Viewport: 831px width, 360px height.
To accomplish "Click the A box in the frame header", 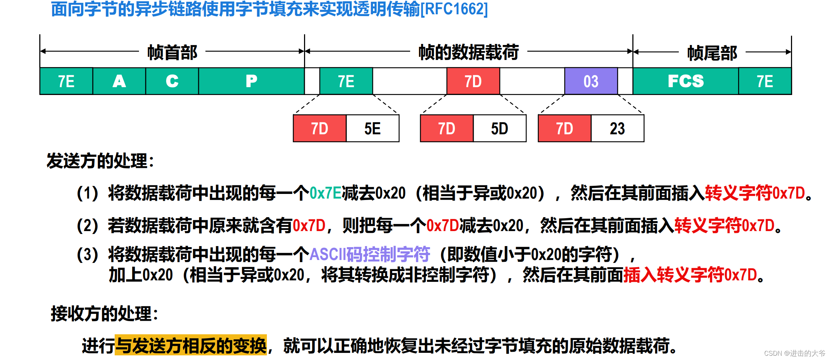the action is pos(119,81).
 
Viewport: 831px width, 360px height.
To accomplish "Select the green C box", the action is pos(172,81).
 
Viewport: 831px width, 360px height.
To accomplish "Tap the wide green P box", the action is pos(251,81).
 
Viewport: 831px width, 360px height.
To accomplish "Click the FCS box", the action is pos(685,81).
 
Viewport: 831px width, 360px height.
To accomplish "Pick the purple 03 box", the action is pos(591,81).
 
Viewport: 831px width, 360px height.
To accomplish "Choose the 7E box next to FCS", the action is pos(765,81).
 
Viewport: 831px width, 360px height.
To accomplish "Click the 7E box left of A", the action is pos(66,81).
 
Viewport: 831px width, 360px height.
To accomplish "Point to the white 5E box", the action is pos(372,129).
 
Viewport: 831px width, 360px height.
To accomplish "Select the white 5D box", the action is pos(499,129).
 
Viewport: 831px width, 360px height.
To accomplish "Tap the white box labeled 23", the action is pos(617,129).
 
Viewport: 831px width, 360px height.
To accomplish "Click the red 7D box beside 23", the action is pos(564,129).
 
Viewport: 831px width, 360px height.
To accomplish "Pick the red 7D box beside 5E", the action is pos(319,129).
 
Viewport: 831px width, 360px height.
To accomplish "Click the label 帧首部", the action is pos(172,52).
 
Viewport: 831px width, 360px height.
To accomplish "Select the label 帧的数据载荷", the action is pos(468,52).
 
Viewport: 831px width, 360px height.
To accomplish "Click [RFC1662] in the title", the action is pos(454,9).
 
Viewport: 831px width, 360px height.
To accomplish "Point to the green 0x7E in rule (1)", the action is pos(325,193).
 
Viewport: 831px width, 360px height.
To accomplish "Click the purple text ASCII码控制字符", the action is pos(369,254).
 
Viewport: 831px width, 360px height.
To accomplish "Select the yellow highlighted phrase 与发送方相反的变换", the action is pos(191,345).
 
